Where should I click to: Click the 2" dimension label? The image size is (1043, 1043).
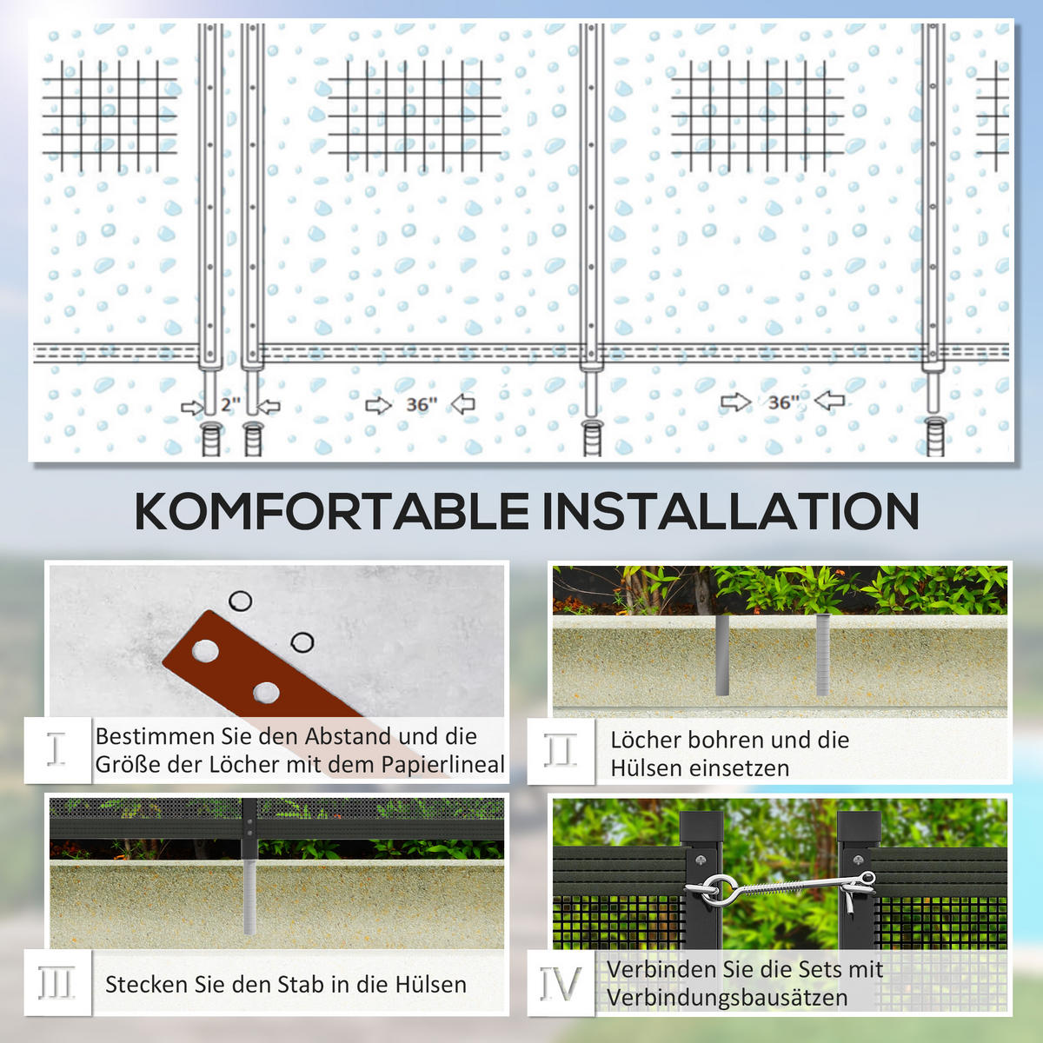pyautogui.click(x=230, y=404)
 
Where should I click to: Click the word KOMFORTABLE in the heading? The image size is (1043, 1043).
pyautogui.click(x=331, y=511)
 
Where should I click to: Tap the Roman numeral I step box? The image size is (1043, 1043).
pyautogui.click(x=57, y=749)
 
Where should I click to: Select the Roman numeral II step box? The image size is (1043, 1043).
pyautogui.click(x=561, y=751)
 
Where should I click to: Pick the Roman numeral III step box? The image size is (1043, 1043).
pyautogui.click(x=57, y=983)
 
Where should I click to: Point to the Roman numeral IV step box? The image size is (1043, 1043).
pyautogui.click(x=561, y=983)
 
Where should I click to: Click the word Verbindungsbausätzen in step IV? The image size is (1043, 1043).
pyautogui.click(x=727, y=998)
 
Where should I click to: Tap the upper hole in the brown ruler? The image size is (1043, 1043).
pyautogui.click(x=206, y=649)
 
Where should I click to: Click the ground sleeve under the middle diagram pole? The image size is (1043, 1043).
pyautogui.click(x=592, y=436)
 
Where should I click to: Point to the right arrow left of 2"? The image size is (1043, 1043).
pyautogui.click(x=192, y=407)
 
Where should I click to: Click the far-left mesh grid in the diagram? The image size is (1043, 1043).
pyautogui.click(x=109, y=115)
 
